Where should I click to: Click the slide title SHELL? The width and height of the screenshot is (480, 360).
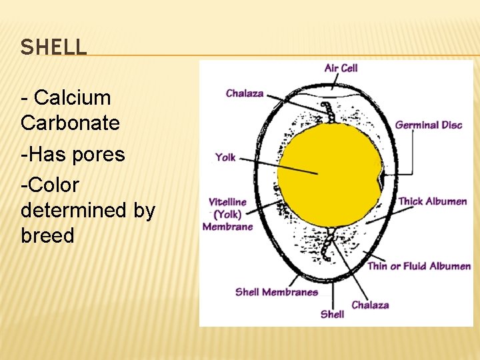pyautogui.click(x=53, y=47)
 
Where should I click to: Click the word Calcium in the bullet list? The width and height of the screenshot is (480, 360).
pyautogui.click(x=72, y=98)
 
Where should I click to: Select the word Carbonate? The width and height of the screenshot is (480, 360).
pyautogui.click(x=70, y=123)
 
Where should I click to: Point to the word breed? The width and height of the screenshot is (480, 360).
pyautogui.click(x=47, y=236)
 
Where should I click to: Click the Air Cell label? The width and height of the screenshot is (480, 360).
pyautogui.click(x=341, y=68)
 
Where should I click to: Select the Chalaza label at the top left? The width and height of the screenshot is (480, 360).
pyautogui.click(x=245, y=93)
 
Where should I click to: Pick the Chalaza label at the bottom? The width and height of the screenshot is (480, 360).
pyautogui.click(x=370, y=305)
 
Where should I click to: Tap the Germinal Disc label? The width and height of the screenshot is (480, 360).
pyautogui.click(x=429, y=125)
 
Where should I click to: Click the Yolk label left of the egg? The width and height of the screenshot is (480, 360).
pyautogui.click(x=225, y=158)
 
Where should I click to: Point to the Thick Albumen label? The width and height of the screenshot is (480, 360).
pyautogui.click(x=433, y=201)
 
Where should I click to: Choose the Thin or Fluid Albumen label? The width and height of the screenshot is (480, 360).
pyautogui.click(x=419, y=266)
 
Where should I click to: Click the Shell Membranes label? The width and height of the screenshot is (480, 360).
pyautogui.click(x=276, y=292)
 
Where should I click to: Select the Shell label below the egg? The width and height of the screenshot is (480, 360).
pyautogui.click(x=332, y=314)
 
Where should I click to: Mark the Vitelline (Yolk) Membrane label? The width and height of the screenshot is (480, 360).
pyautogui.click(x=228, y=214)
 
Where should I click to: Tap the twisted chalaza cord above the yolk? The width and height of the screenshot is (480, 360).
pyautogui.click(x=328, y=114)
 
